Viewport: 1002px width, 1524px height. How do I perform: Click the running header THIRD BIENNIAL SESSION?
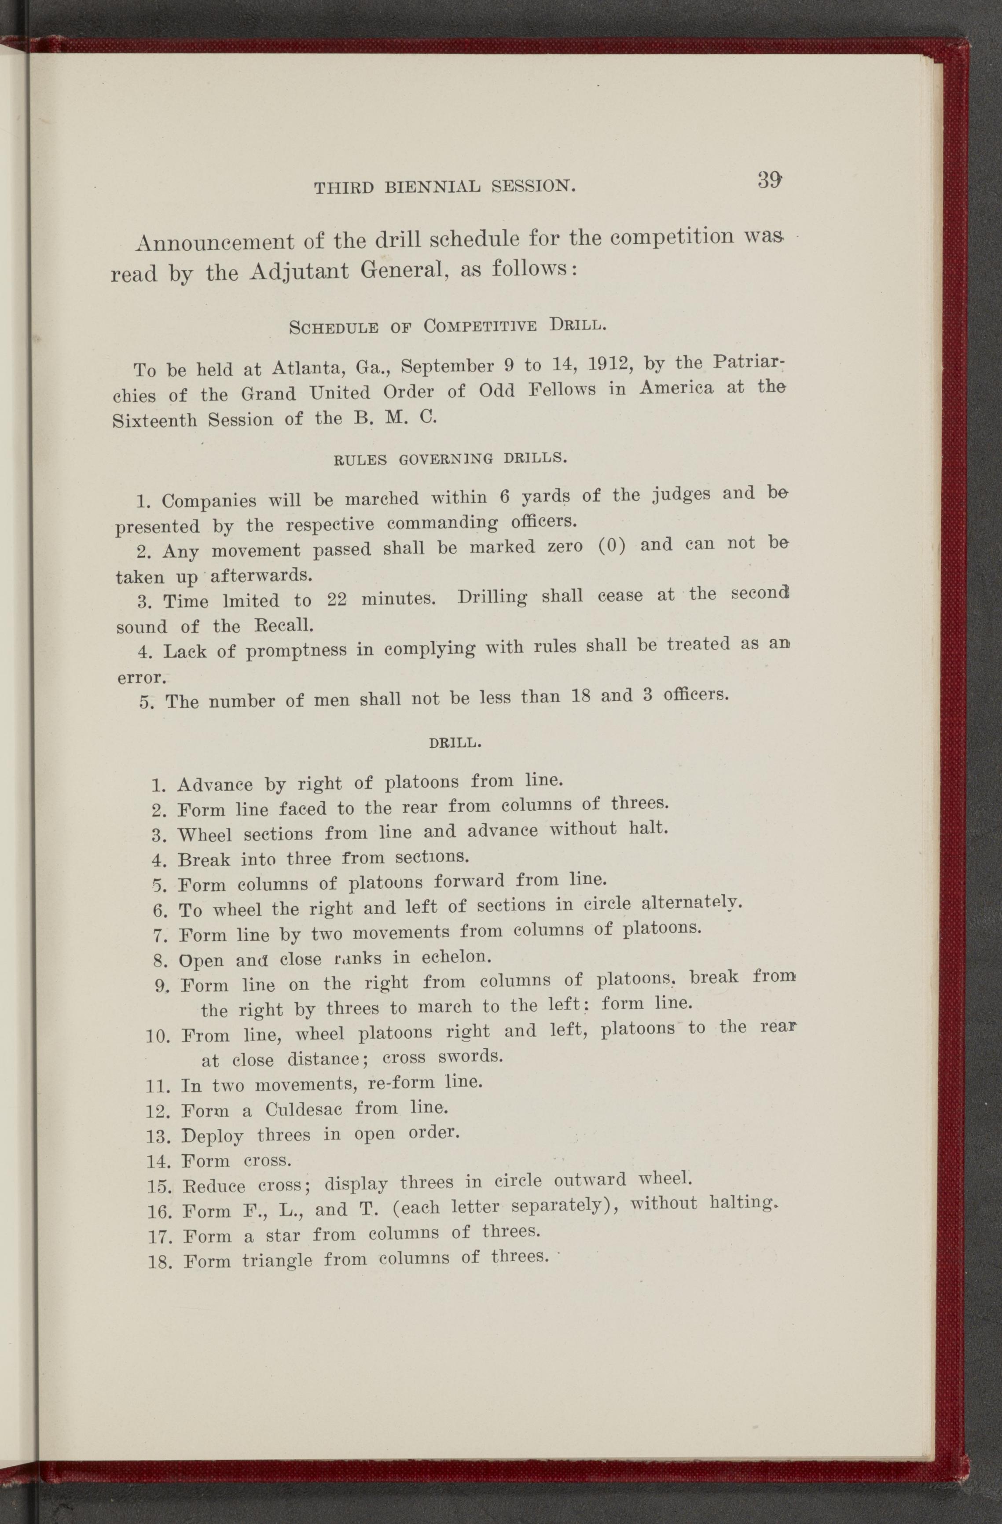pyautogui.click(x=445, y=186)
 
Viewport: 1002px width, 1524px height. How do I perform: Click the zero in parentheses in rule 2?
pyautogui.click(x=611, y=546)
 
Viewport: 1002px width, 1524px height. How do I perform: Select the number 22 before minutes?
pyautogui.click(x=336, y=600)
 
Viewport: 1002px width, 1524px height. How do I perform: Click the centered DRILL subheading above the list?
pyautogui.click(x=455, y=743)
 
